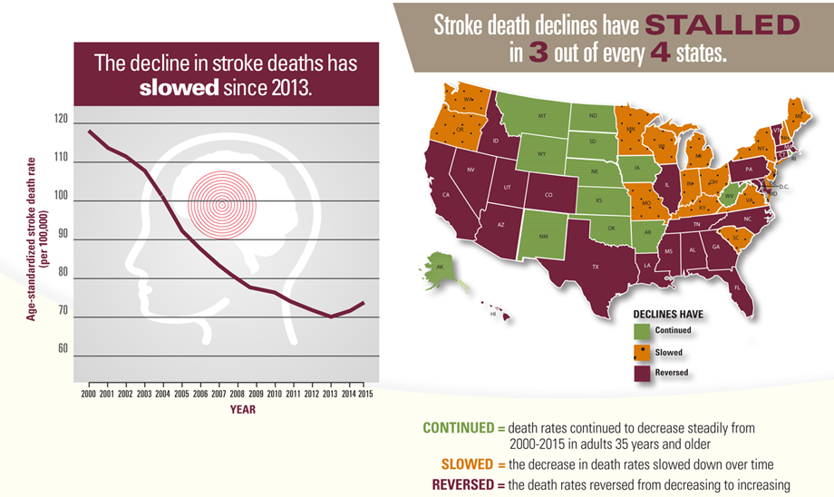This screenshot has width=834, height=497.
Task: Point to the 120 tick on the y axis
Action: [x=61, y=120]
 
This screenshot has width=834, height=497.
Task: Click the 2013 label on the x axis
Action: [x=331, y=395]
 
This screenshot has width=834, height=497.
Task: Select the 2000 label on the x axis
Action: [x=88, y=395]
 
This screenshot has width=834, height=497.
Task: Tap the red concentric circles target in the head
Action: [x=220, y=203]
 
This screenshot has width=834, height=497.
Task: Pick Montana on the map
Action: [x=540, y=119]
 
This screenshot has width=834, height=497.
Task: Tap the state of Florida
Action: [x=737, y=287]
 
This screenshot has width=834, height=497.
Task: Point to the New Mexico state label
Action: [x=541, y=236]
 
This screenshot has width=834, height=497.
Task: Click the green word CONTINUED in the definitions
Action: [x=458, y=426]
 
